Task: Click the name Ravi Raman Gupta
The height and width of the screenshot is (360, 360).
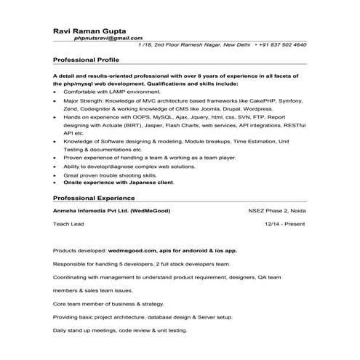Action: coord(89,31)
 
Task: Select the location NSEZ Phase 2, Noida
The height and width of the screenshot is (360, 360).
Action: coord(277,210)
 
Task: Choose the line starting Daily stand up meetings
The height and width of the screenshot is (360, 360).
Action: coord(119,331)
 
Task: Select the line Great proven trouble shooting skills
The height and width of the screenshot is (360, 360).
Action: coord(110,175)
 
